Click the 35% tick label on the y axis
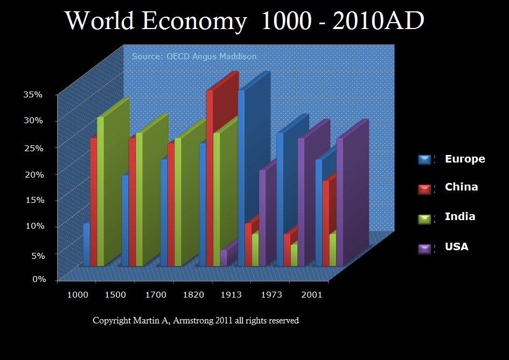(32, 94)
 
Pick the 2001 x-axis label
(312, 295)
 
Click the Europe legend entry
(464, 159)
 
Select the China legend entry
(461, 187)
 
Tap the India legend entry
(459, 217)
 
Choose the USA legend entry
(456, 246)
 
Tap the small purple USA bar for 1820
(224, 258)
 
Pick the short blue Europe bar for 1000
(86, 245)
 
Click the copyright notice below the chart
(196, 321)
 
